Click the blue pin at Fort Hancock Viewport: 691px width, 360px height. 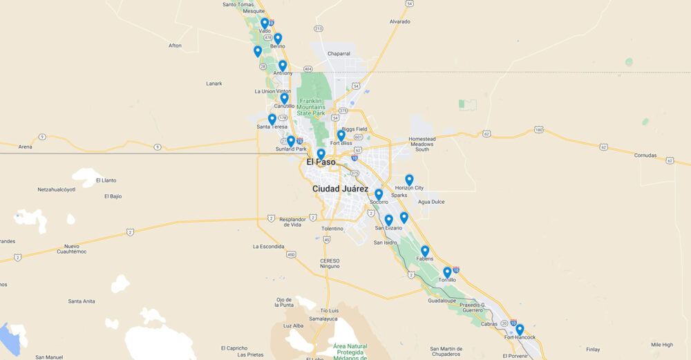click(520, 330)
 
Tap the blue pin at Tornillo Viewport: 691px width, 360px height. click(447, 272)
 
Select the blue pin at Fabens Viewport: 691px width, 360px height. click(425, 251)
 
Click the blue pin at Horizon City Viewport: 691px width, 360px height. click(409, 180)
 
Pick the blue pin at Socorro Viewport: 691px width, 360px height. click(379, 194)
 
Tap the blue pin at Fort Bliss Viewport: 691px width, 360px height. click(341, 135)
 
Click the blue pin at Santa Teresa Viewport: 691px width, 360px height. click(272, 119)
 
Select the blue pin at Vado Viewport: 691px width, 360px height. click(265, 23)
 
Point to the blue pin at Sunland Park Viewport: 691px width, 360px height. click(291, 141)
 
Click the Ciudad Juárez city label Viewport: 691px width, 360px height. click(339, 189)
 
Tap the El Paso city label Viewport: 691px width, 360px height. click(321, 162)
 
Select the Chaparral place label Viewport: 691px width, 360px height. click(339, 53)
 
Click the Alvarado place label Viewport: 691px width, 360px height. click(399, 21)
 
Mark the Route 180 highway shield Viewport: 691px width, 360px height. click(539, 130)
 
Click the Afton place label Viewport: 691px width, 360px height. click(175, 46)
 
